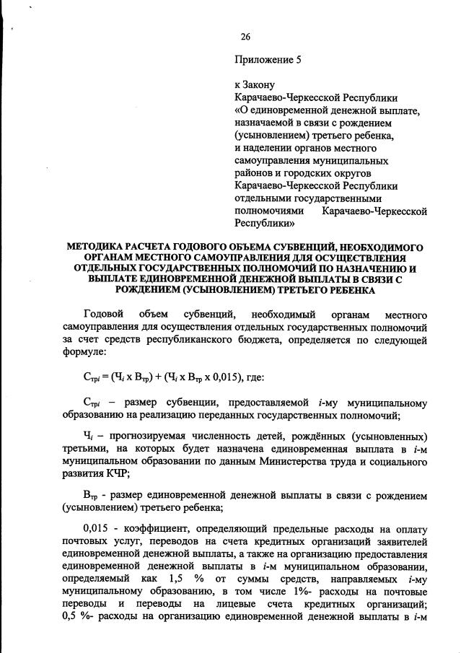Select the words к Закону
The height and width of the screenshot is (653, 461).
click(255, 85)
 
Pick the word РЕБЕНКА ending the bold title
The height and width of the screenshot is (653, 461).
click(347, 290)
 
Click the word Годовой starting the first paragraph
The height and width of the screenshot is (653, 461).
click(104, 315)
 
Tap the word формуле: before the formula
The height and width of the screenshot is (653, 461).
click(84, 354)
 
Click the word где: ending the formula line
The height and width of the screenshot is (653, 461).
click(254, 377)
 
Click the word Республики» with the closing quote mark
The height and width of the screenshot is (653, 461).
click(265, 223)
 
